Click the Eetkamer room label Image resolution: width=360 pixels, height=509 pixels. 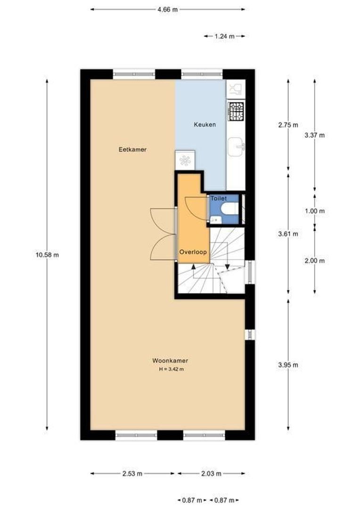[132, 149]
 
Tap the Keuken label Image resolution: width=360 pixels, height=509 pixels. [205, 124]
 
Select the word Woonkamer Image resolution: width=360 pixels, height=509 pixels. [170, 361]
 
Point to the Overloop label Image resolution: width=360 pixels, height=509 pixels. [193, 252]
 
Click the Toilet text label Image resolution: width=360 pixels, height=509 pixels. [219, 199]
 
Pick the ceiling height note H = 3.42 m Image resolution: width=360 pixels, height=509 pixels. [171, 369]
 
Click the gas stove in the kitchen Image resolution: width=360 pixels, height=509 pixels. [236, 111]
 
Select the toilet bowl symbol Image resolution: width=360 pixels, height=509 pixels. [229, 210]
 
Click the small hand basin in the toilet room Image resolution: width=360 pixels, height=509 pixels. [214, 218]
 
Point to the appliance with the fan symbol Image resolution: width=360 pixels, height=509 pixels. [184, 159]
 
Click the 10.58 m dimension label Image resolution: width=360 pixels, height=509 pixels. [47, 254]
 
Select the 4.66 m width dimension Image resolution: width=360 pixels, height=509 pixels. [167, 9]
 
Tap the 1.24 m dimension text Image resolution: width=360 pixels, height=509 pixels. [224, 36]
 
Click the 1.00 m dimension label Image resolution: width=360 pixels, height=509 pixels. [315, 211]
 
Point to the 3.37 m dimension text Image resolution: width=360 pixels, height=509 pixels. [315, 135]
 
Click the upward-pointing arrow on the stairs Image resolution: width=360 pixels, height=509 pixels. [194, 268]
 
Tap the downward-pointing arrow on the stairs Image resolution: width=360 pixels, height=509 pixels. [227, 267]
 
